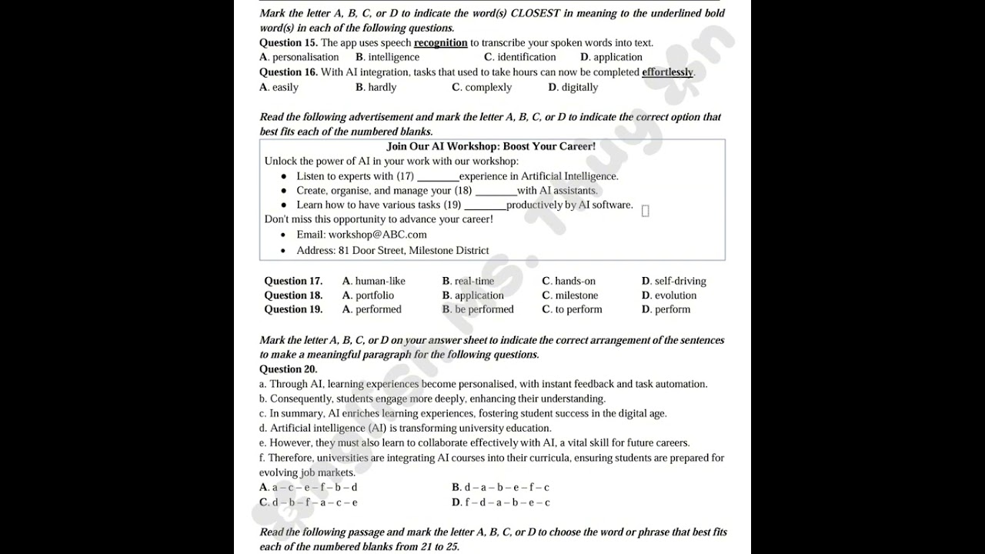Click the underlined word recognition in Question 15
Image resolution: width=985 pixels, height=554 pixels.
coord(440,43)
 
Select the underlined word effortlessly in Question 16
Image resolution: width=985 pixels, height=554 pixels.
coord(667,72)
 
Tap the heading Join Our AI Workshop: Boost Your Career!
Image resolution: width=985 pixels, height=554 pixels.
coord(491,146)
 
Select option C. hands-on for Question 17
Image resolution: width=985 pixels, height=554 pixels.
coord(569,281)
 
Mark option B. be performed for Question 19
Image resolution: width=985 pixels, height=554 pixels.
coord(478,309)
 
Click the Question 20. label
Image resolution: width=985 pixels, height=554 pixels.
coord(288,369)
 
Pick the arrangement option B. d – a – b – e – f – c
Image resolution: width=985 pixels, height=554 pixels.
coord(500,487)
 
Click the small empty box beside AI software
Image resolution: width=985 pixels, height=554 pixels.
coord(645,211)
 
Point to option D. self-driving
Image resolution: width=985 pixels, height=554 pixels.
coord(673,281)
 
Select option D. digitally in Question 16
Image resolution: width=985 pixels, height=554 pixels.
coord(573,87)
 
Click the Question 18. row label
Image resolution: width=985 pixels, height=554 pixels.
coord(293,295)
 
